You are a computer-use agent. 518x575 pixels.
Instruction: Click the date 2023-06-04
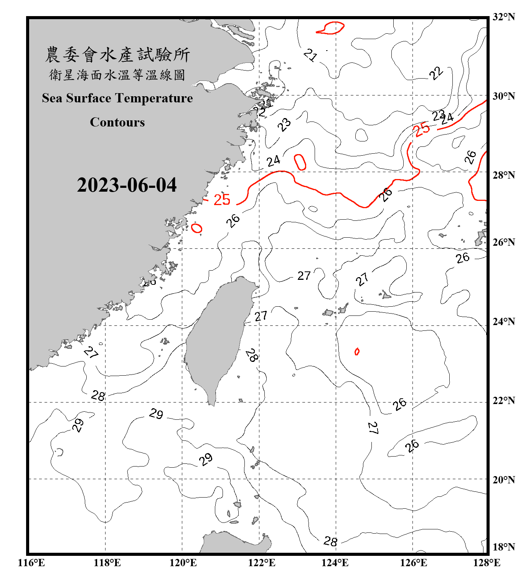coord(127,185)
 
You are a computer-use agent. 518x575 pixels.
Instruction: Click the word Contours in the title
coord(117,122)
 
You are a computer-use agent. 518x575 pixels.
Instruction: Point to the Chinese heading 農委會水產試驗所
coord(117,54)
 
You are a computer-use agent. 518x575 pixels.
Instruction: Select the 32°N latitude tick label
coord(503,17)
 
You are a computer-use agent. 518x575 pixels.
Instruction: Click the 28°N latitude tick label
coord(503,175)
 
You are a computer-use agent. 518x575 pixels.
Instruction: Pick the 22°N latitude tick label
coord(503,401)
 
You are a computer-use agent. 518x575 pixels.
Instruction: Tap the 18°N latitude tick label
coord(503,547)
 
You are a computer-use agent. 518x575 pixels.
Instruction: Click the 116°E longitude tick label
coord(31,563)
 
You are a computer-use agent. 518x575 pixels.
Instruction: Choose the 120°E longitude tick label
coord(183,563)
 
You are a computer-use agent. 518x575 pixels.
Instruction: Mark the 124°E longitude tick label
coord(335,563)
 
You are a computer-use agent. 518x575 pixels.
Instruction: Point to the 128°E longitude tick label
coord(487,563)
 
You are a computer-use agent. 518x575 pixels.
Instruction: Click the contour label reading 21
coord(310,55)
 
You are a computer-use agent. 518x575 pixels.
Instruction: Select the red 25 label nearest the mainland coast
coord(222,200)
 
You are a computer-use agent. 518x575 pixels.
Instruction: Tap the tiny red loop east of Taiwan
coord(357,351)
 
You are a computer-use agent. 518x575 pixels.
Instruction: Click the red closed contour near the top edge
coord(330,28)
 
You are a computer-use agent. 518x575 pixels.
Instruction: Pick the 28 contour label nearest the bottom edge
coord(330,541)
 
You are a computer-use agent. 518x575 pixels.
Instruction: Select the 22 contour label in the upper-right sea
coord(436,73)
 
